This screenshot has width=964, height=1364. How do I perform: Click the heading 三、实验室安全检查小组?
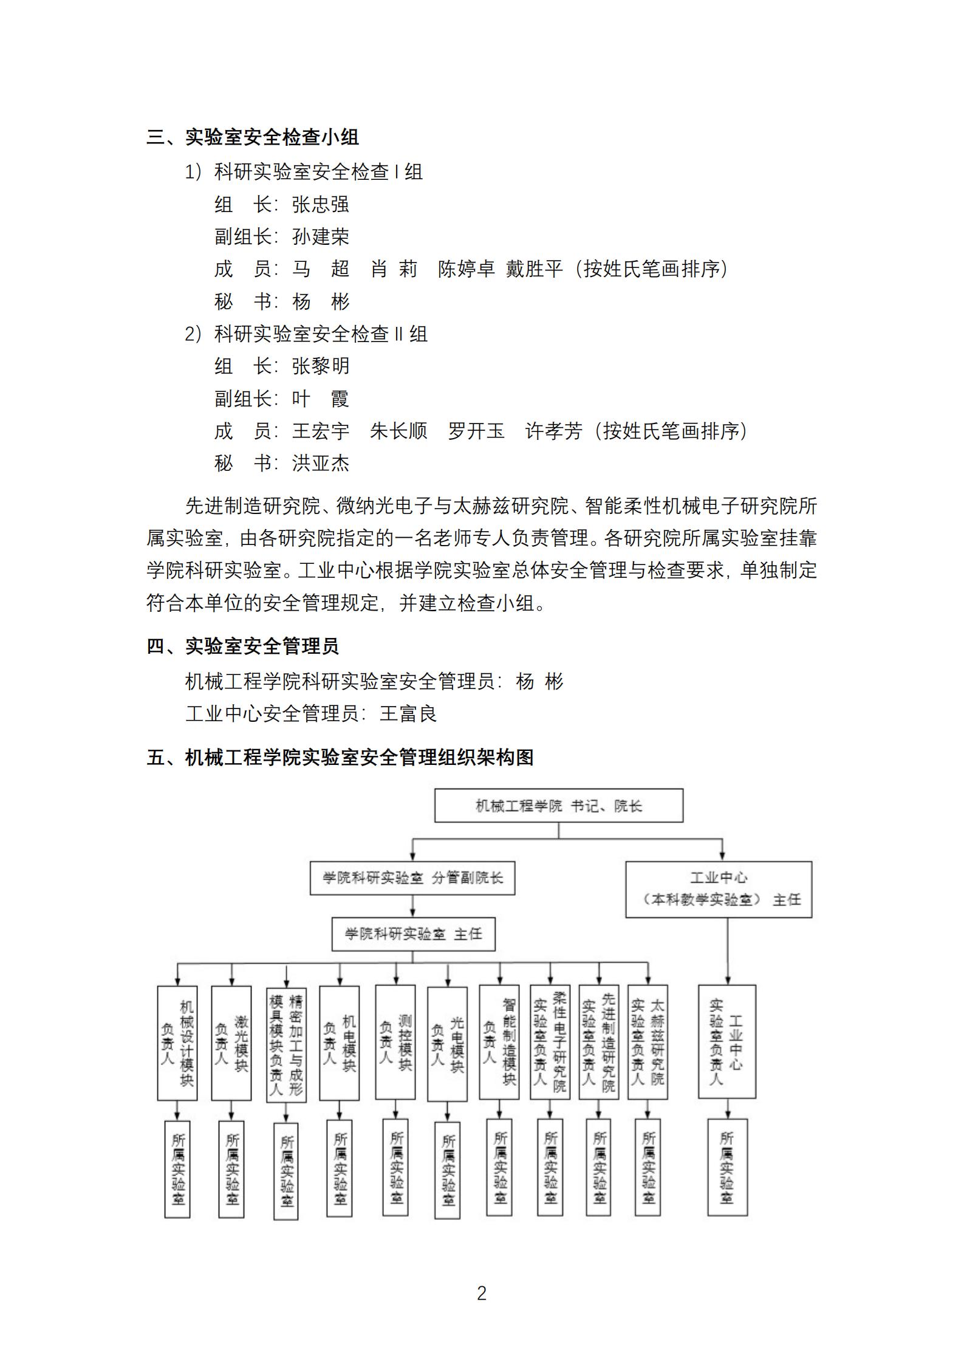click(x=253, y=137)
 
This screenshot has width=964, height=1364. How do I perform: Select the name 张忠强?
click(x=321, y=205)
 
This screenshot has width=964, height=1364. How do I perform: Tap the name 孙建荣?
click(x=321, y=237)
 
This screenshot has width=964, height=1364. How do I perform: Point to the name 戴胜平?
click(x=535, y=269)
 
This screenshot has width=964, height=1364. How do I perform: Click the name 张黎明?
click(x=321, y=366)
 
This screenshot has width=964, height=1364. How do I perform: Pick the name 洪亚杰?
click(x=321, y=464)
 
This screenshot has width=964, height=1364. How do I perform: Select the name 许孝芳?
click(x=554, y=431)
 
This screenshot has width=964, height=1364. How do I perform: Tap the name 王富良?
click(x=408, y=713)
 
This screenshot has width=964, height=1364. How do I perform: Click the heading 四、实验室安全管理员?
click(x=243, y=646)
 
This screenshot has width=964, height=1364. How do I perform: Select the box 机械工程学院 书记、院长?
click(x=558, y=806)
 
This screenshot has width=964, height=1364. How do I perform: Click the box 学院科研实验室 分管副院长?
click(x=412, y=878)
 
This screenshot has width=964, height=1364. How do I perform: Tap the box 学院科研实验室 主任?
click(x=413, y=934)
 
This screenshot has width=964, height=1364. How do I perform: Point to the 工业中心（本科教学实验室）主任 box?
click(x=719, y=889)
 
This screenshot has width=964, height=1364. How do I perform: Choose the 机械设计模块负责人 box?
click(x=177, y=1043)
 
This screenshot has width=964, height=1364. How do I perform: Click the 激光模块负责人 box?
click(x=231, y=1043)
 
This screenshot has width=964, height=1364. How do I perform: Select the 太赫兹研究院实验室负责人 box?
click(x=648, y=1043)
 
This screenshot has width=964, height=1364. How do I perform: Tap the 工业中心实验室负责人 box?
click(x=727, y=1042)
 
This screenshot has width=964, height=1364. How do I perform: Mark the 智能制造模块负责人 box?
click(x=499, y=1043)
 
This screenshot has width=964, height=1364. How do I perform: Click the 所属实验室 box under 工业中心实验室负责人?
click(x=727, y=1167)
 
